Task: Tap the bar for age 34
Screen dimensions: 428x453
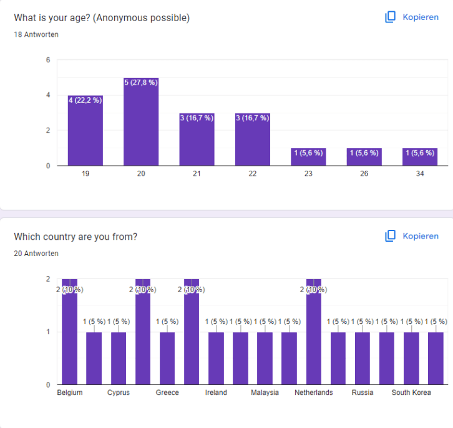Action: pos(420,157)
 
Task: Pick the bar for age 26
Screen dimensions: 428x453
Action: pos(364,157)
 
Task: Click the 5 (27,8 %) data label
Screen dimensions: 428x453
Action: pos(141,82)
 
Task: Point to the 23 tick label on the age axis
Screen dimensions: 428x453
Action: pos(308,174)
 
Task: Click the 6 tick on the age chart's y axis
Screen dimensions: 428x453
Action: pos(48,60)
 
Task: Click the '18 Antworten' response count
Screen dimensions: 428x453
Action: pos(36,35)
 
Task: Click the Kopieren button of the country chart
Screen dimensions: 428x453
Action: pos(412,236)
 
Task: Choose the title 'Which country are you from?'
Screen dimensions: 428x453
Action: pos(75,237)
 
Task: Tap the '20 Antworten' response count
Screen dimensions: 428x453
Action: pos(36,254)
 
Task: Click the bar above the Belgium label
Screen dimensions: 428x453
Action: pos(69,336)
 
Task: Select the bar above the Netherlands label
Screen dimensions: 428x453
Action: pos(314,336)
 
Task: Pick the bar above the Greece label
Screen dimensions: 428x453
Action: pos(167,358)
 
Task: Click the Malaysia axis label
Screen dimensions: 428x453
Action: pos(265,393)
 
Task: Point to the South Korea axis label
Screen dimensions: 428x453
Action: pos(411,393)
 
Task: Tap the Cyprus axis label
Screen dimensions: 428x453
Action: pos(119,393)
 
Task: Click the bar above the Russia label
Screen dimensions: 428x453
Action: pos(363,358)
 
